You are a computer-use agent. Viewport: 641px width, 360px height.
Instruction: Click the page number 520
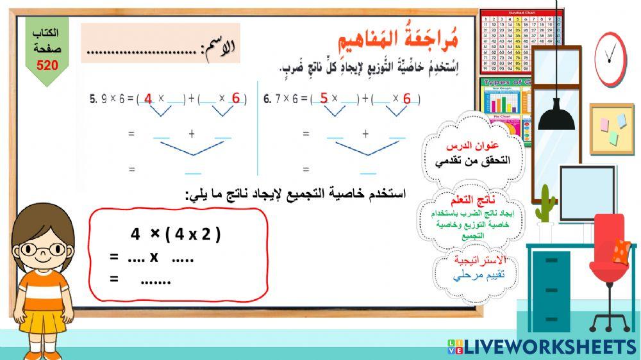(x=47, y=65)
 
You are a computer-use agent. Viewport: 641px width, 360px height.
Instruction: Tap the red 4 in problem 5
(x=148, y=99)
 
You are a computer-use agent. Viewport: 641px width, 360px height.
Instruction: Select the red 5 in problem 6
(x=324, y=98)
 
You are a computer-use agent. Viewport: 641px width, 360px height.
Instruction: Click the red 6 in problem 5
(x=236, y=99)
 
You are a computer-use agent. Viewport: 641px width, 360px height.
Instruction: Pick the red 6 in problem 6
(x=407, y=99)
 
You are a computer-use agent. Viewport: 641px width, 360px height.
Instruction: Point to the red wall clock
(x=610, y=58)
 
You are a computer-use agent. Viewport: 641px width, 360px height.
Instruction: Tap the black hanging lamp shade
(x=556, y=117)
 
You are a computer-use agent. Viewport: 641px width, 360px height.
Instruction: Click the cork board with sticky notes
(x=612, y=128)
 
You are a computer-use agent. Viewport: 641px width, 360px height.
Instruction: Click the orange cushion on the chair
(x=620, y=250)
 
